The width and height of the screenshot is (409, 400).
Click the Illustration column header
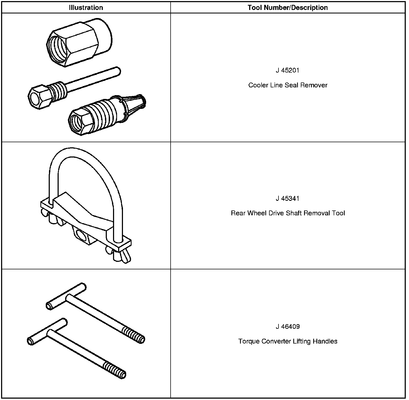pyautogui.click(x=86, y=8)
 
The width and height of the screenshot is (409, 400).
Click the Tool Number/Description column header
pyautogui.click(x=288, y=8)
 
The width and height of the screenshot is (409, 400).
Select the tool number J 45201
pyautogui.click(x=288, y=70)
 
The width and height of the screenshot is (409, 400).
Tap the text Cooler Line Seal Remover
pyautogui.click(x=288, y=85)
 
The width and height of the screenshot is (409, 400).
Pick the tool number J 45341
pyautogui.click(x=288, y=199)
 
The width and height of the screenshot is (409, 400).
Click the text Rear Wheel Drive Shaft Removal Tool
pyautogui.click(x=288, y=213)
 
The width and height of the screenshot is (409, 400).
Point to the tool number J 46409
pyautogui.click(x=288, y=327)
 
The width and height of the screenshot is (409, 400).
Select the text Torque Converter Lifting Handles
pyautogui.click(x=288, y=341)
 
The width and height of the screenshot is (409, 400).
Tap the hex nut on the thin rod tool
pyautogui.click(x=38, y=97)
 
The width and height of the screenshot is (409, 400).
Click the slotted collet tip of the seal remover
pyautogui.click(x=135, y=106)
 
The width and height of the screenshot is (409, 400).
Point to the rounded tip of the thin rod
pyautogui.click(x=117, y=71)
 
